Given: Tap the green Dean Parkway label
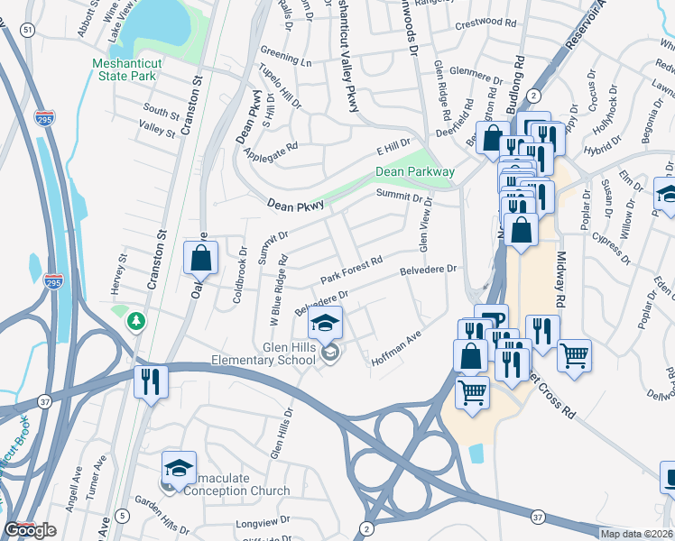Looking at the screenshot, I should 415,172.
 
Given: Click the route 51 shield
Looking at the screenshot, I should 29,30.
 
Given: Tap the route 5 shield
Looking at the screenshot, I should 123,518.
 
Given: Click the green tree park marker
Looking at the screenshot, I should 136,320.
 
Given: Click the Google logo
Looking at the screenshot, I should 30,530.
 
